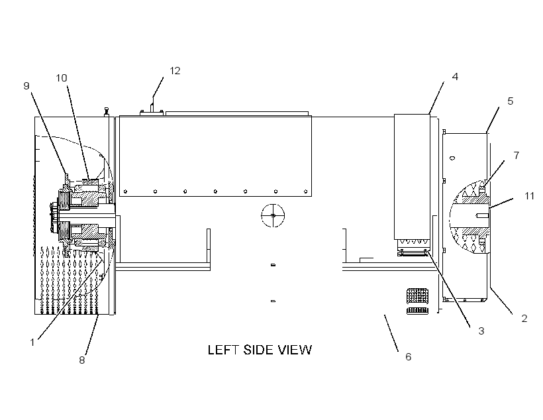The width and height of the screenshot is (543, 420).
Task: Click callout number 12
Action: [175, 71]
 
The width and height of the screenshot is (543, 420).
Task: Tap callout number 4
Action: [455, 77]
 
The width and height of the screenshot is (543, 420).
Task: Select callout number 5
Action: [510, 101]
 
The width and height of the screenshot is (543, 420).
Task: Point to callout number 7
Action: [517, 155]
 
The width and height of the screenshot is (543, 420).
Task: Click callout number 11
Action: [530, 196]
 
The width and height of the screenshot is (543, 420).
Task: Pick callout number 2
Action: [524, 319]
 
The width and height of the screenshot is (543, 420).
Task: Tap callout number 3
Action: [481, 331]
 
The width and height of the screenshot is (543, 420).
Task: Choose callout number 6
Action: [409, 356]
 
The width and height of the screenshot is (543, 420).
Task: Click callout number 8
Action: [81, 360]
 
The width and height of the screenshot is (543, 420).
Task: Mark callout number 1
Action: [32, 342]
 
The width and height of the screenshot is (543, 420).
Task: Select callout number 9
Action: [26, 86]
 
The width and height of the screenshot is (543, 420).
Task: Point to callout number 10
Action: [62, 78]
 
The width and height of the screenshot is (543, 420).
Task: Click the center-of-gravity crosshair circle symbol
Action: [273, 215]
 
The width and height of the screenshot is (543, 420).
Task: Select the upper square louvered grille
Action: [417, 296]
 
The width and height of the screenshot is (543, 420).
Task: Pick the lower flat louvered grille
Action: [417, 311]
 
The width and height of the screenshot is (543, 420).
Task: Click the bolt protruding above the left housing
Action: [106, 112]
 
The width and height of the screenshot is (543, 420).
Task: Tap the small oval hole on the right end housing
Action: [452, 158]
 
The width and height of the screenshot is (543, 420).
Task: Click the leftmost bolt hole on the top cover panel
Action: [125, 191]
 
